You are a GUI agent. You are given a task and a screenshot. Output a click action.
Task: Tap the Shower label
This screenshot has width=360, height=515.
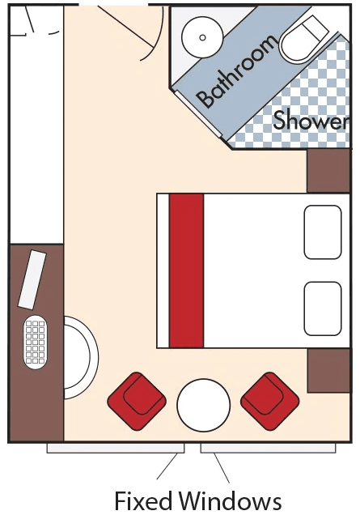pyautogui.click(x=311, y=120)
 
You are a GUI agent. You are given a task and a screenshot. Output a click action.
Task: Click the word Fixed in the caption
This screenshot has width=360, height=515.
pyautogui.click(x=143, y=501)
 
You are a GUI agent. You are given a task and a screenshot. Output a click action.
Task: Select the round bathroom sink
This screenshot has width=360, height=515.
pyautogui.click(x=202, y=37)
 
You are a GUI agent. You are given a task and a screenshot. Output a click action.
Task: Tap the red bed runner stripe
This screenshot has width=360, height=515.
pyautogui.click(x=186, y=270)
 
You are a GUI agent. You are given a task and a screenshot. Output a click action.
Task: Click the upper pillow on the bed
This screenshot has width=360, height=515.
pyautogui.click(x=323, y=232)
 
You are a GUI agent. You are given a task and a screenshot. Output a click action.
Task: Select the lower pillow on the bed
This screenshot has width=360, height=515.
pyautogui.click(x=323, y=309)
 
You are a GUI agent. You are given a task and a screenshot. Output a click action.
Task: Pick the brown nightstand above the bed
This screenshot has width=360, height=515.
pyautogui.click(x=328, y=171)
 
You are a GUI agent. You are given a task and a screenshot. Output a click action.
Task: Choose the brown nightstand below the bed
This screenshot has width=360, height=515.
pyautogui.click(x=328, y=371)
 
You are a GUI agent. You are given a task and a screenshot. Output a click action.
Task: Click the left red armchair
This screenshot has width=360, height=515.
pyautogui.click(x=137, y=401)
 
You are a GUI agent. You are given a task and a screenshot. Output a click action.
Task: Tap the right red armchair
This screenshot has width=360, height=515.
pyautogui.click(x=269, y=401)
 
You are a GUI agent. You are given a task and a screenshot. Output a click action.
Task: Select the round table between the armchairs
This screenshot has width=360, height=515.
pyautogui.click(x=204, y=405)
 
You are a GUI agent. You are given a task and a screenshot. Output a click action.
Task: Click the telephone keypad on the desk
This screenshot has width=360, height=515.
pyautogui.click(x=35, y=342)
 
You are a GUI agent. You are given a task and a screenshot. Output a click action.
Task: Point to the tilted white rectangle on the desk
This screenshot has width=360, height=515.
pyautogui.click(x=32, y=280)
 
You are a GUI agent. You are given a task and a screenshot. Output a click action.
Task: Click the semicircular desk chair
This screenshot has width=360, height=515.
pyautogui.click(x=95, y=358)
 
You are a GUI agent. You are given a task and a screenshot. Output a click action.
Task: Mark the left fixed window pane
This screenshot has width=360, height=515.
pyautogui.click(x=116, y=449)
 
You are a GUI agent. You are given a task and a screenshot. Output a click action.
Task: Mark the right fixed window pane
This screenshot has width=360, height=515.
pyautogui.click(x=268, y=449)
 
